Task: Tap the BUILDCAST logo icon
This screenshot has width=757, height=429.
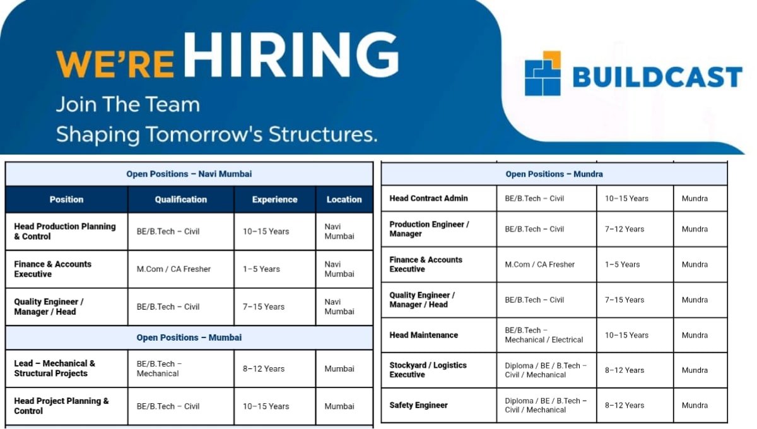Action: [542, 73]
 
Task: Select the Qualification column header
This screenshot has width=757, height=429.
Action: [181, 199]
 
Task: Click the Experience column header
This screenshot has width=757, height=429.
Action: [274, 199]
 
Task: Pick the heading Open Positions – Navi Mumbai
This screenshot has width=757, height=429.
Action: [189, 174]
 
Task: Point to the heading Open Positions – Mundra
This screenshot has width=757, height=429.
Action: [554, 174]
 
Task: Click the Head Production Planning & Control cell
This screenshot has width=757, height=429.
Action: [66, 232]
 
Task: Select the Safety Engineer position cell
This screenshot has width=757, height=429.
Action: [419, 405]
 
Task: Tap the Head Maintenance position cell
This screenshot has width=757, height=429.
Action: [424, 335]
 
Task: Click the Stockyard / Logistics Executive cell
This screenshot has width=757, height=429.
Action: [428, 370]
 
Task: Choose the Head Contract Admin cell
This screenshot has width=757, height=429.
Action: [429, 198]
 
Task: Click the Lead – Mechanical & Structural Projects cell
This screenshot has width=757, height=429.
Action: [56, 368]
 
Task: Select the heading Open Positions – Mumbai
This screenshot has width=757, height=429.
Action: [189, 338]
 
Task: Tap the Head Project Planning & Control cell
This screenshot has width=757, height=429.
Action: [62, 406]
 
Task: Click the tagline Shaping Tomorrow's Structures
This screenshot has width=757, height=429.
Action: [216, 134]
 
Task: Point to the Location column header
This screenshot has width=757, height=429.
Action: [344, 199]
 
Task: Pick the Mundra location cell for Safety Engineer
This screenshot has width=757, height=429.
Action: [695, 405]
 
